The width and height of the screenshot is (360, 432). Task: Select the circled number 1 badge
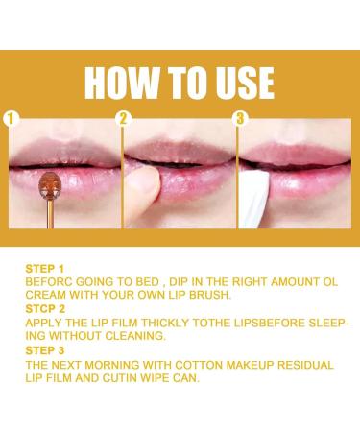tap(12, 119)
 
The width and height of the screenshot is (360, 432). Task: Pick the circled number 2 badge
tap(123, 119)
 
